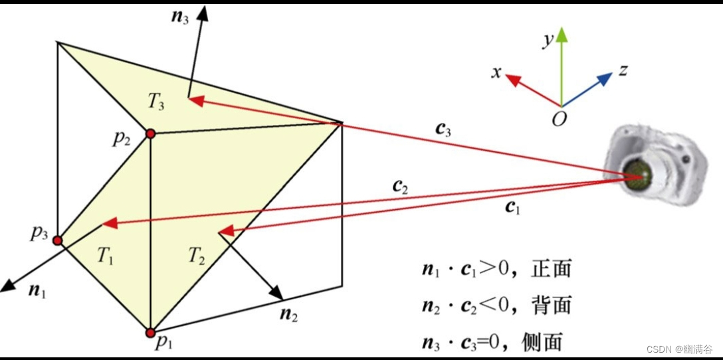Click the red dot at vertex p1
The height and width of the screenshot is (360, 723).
coord(151,332)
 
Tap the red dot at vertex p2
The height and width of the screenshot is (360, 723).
coord(150,134)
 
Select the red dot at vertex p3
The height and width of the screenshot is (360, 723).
coord(58,240)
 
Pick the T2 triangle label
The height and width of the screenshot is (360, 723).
coord(196,255)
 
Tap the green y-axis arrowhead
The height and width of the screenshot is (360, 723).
coord(562,35)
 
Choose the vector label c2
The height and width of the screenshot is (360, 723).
coord(400,187)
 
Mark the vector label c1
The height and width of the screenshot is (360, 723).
coord(512,207)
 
